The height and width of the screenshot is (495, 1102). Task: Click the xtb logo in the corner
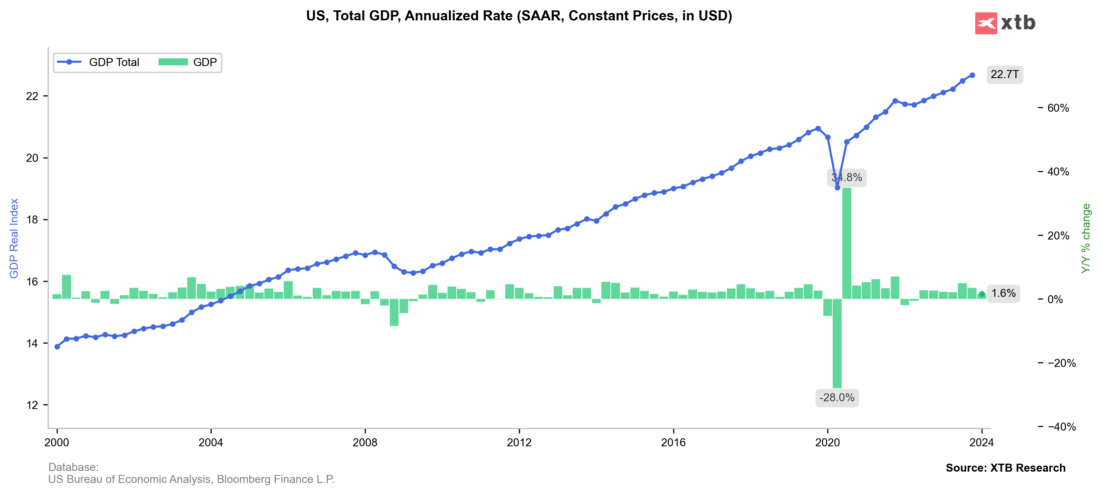(1005, 23)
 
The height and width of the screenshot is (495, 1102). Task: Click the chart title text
(519, 16)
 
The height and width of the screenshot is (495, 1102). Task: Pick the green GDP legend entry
(188, 62)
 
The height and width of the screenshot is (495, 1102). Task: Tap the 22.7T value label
(1005, 74)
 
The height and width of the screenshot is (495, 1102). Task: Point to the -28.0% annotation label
(837, 398)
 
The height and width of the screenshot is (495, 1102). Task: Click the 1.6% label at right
(1003, 293)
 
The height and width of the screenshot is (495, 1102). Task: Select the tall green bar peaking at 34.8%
(847, 243)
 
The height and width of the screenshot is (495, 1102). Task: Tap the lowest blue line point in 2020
(837, 187)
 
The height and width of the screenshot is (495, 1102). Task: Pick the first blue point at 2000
(57, 347)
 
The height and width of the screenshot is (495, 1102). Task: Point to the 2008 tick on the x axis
(365, 442)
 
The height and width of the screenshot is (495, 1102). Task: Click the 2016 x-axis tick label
(673, 442)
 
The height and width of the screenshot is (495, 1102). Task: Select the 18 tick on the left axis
(32, 220)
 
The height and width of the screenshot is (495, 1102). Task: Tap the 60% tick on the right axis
(1058, 108)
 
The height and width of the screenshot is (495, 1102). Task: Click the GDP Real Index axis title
(14, 238)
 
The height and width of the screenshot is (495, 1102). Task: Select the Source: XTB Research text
(1005, 468)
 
